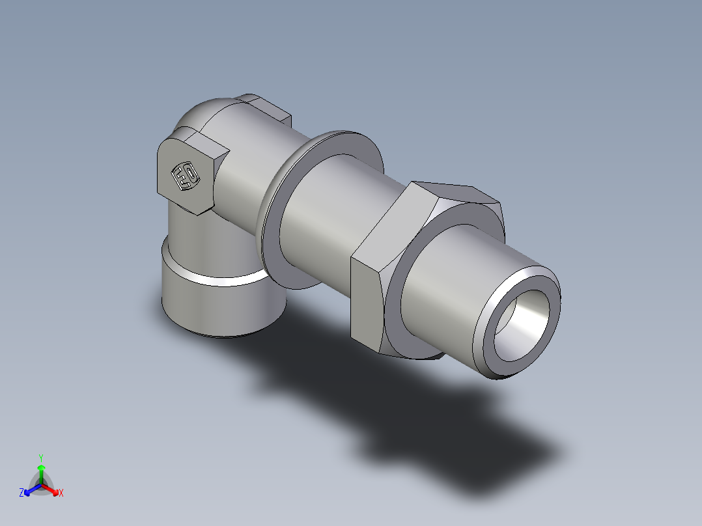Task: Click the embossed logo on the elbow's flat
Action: coord(185,176)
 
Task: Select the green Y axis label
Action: coord(41,457)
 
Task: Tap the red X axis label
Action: coord(61,493)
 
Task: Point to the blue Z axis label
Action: coord(21,493)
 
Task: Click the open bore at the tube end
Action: coord(526,325)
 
